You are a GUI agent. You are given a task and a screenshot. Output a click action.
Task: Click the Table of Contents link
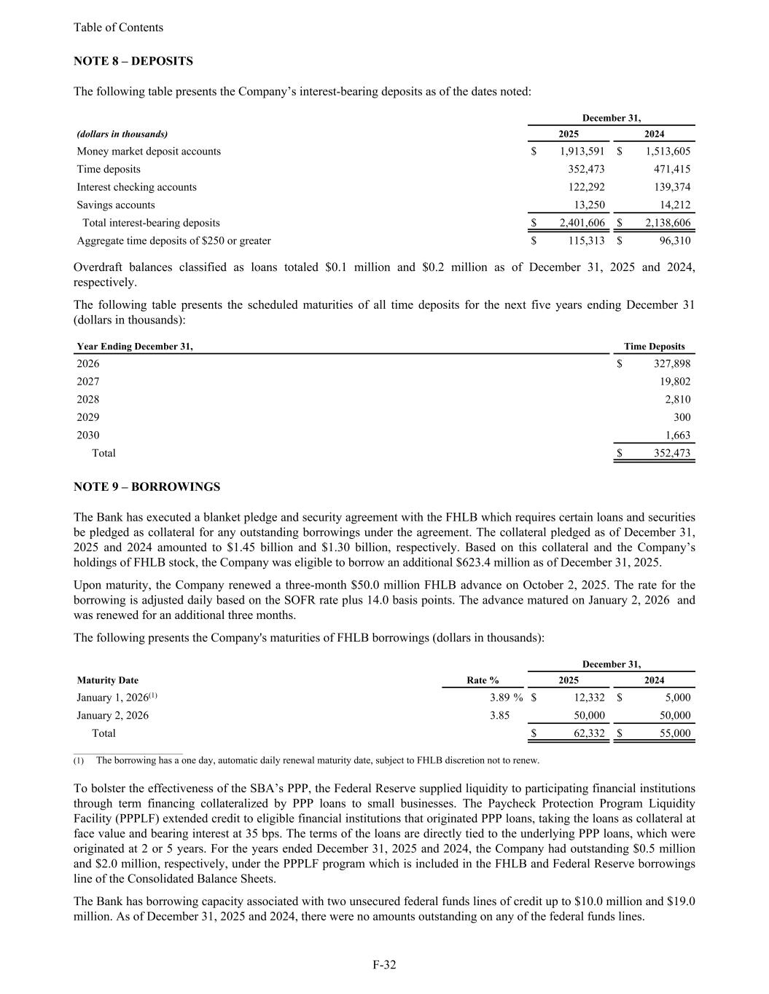coord(118,28)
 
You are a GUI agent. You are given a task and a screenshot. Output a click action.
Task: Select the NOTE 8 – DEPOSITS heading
coord(133,61)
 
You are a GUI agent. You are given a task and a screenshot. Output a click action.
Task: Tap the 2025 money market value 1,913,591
coord(582,151)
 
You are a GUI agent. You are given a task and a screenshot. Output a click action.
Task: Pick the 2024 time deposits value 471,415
coord(668,169)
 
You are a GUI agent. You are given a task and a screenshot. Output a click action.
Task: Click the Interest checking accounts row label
coord(136,187)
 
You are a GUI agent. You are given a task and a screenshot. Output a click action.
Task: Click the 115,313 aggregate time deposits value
coord(586,241)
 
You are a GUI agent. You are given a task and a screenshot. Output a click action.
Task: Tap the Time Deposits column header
coord(654,347)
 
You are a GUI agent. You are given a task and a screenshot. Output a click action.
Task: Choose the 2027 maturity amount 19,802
coord(674,382)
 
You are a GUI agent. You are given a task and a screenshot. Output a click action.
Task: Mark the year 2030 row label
coord(88,435)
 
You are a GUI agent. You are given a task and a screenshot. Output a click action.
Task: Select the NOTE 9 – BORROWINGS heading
coord(147,486)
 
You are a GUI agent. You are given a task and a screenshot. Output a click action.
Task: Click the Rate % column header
coord(483,680)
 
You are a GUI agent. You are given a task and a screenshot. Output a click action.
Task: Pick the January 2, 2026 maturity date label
coord(113,716)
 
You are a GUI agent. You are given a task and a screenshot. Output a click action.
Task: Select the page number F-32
coord(384,965)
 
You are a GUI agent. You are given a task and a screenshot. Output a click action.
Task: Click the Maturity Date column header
coord(107,680)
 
